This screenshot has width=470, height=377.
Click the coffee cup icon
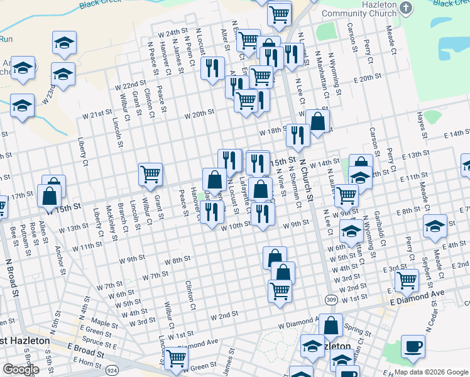[x=413, y=347]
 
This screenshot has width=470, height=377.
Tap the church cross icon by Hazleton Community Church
[x=406, y=8]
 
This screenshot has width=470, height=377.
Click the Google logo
[x=21, y=369]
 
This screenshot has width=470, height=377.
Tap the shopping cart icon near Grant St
[x=151, y=174]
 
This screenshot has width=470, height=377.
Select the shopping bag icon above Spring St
[x=331, y=326]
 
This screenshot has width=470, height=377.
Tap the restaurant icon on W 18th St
[x=298, y=135]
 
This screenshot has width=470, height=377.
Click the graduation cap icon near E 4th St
[x=435, y=227]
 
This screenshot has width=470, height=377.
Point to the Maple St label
[x=104, y=325]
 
